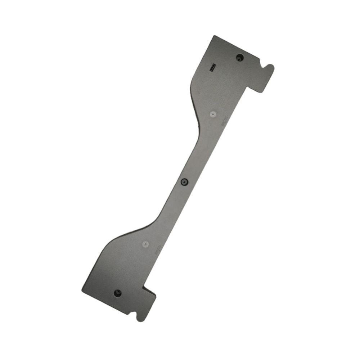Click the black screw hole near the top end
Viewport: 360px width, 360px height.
point(239,58)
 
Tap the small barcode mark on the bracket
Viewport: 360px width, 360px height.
point(213,67)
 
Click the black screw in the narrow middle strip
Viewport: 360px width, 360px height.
point(184,182)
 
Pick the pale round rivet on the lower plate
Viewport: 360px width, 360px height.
point(145,244)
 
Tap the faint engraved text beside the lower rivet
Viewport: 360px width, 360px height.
point(157,250)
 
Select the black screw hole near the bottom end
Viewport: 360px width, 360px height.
point(117,293)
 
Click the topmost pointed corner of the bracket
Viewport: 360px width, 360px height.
point(214,36)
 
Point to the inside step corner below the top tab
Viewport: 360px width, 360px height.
point(249,86)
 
